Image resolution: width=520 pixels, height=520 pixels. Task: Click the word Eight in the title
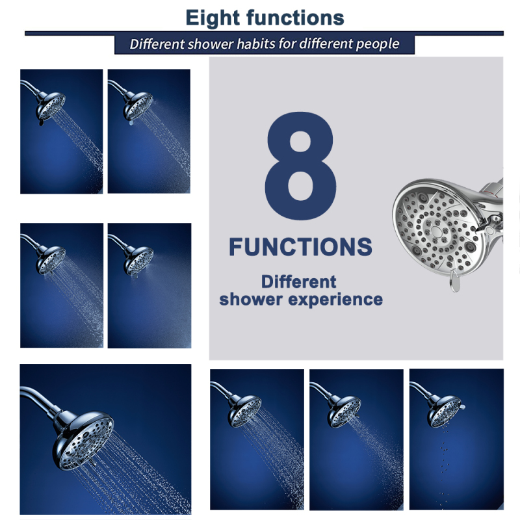(213, 18)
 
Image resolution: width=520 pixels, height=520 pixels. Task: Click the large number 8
(300, 166)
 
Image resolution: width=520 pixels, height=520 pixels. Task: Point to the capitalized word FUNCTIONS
(300, 247)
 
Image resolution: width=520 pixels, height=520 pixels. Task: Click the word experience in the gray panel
(335, 300)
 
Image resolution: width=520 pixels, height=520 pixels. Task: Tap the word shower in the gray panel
(251, 299)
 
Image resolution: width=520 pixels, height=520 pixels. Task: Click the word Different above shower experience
(298, 281)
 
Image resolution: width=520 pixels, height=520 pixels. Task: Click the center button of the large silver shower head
(435, 231)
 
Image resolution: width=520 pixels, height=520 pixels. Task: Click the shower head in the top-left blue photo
(51, 107)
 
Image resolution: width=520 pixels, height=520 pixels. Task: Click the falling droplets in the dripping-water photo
(443, 467)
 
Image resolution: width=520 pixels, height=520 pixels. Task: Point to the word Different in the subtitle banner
(157, 44)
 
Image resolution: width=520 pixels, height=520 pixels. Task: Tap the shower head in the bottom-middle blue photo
(344, 411)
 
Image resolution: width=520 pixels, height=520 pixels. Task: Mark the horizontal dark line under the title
(265, 33)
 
